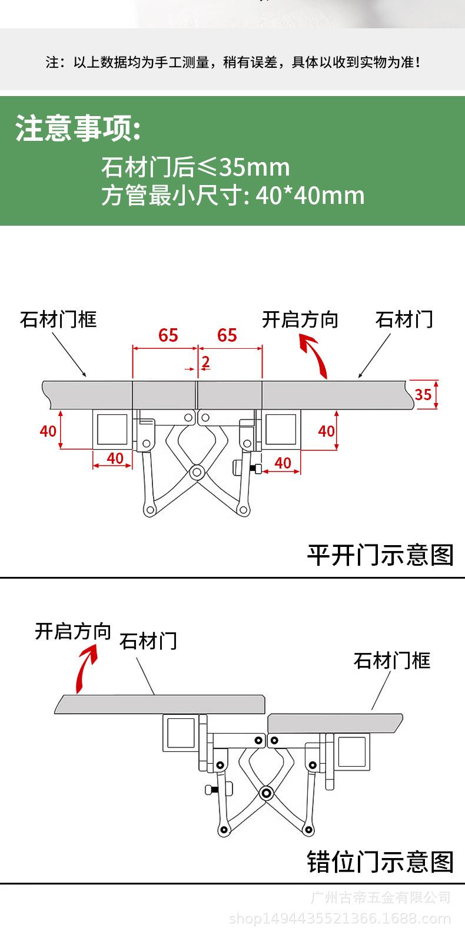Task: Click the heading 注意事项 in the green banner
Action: click(x=78, y=128)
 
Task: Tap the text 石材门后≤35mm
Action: click(x=195, y=167)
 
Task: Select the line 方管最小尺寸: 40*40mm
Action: click(x=232, y=195)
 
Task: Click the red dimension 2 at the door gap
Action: click(x=205, y=361)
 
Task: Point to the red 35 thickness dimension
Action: click(x=423, y=394)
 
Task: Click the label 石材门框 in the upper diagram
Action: click(x=58, y=319)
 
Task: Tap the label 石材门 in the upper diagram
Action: click(x=404, y=319)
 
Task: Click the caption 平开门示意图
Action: click(x=380, y=555)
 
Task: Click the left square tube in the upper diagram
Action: click(x=112, y=430)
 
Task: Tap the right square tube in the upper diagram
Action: click(x=281, y=430)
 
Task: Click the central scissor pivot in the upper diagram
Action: click(x=197, y=473)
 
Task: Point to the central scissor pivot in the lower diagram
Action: click(x=265, y=793)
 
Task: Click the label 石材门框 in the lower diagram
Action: click(x=391, y=661)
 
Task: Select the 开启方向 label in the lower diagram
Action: click(x=73, y=631)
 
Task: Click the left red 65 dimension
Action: click(x=168, y=335)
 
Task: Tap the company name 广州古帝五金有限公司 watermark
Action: click(x=381, y=898)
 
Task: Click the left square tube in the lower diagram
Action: click(x=181, y=733)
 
